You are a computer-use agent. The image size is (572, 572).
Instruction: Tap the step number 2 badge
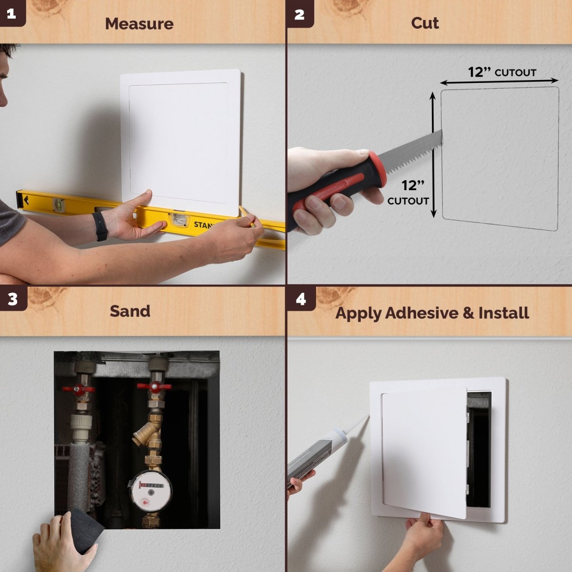[x=299, y=14]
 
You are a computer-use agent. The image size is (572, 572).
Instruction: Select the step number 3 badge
[x=13, y=299]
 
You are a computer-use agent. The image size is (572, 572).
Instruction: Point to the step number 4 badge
[x=301, y=299]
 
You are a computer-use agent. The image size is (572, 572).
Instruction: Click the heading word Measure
[x=139, y=23]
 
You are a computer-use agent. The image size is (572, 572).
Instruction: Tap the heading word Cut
[x=425, y=23]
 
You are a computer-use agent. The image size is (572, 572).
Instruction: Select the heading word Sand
[x=130, y=311]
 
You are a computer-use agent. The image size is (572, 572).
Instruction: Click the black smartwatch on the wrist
[x=100, y=226]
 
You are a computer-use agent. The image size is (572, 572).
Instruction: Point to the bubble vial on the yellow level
[x=178, y=219]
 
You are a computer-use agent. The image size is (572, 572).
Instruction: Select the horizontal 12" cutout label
[x=502, y=72]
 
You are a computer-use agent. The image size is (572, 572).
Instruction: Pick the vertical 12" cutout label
[x=409, y=193]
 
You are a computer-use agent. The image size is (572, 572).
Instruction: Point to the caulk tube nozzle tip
[x=367, y=417]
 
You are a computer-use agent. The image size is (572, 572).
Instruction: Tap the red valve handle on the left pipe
[x=78, y=389]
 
